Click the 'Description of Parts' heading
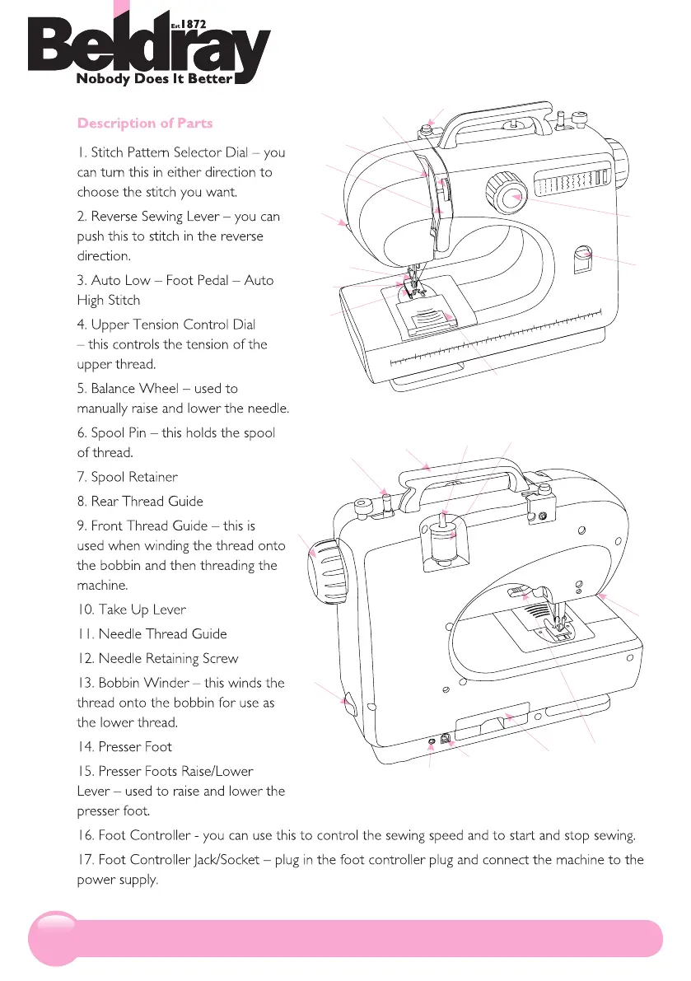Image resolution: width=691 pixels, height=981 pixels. click(x=144, y=124)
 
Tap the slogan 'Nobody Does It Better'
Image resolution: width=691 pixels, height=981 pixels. click(x=154, y=80)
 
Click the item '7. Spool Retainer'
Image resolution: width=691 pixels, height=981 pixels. click(x=127, y=477)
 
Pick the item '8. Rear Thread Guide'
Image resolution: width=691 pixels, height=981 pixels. click(x=139, y=501)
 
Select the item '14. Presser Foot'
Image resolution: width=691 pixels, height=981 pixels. click(x=124, y=747)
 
